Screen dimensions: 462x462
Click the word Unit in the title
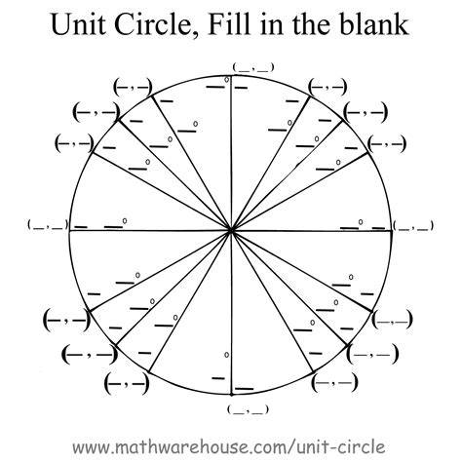(x=78, y=24)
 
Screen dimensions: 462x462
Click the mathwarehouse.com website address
(x=229, y=446)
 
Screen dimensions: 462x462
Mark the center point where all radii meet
(x=231, y=230)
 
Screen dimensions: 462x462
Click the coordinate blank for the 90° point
(x=253, y=67)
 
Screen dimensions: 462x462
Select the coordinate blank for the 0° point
(x=413, y=226)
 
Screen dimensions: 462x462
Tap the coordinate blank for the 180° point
(x=48, y=225)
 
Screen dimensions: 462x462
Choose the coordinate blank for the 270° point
(x=249, y=409)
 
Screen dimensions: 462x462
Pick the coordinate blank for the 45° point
(x=366, y=112)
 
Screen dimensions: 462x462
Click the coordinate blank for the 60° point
(x=327, y=87)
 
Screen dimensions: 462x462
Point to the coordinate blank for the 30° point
(x=387, y=143)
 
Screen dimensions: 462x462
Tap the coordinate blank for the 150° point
(x=74, y=142)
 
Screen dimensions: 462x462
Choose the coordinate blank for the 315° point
(x=372, y=354)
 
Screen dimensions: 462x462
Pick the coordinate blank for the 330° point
(x=393, y=320)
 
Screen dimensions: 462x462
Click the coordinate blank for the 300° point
(x=334, y=383)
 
